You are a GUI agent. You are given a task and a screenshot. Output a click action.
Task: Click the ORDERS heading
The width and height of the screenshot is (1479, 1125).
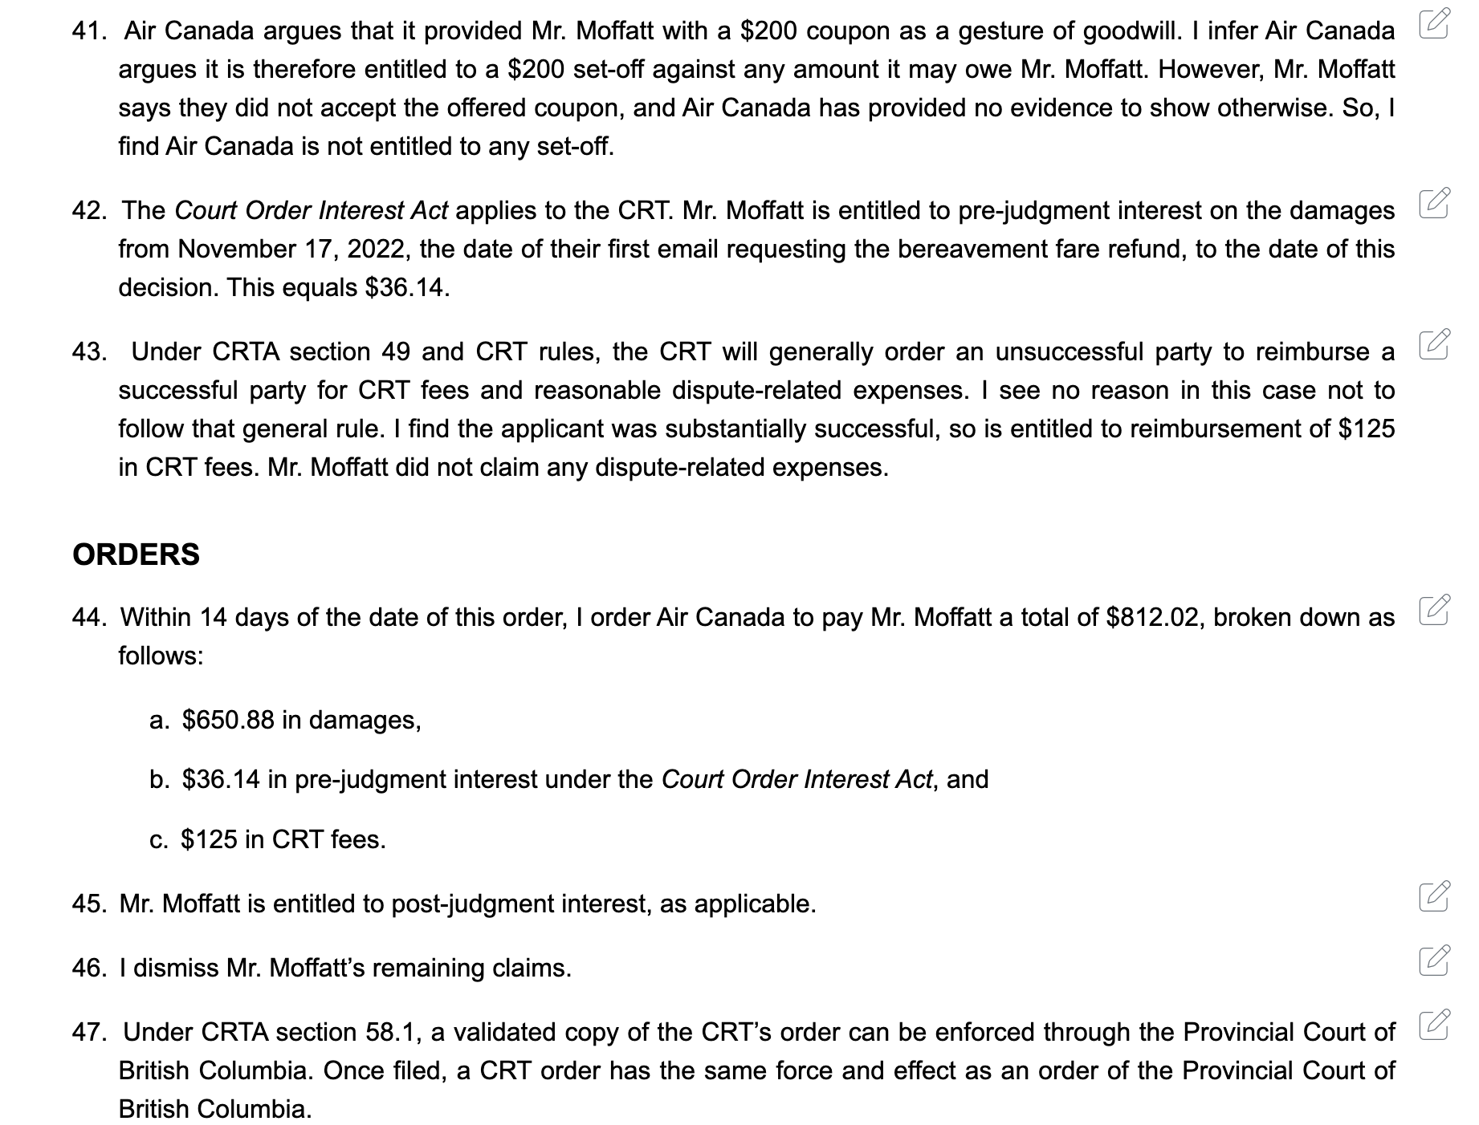pyautogui.click(x=136, y=555)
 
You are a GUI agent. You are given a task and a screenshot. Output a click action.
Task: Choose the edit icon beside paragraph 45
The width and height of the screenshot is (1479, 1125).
pyautogui.click(x=1434, y=896)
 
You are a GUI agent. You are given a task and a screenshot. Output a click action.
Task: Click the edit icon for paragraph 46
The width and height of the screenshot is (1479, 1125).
pyautogui.click(x=1434, y=961)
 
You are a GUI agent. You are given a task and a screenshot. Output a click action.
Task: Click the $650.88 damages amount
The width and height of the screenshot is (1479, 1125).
pyautogui.click(x=228, y=720)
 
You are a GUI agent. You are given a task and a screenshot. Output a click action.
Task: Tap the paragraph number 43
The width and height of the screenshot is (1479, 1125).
pyautogui.click(x=89, y=351)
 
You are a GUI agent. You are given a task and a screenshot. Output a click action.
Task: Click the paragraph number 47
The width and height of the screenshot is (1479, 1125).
pyautogui.click(x=89, y=1032)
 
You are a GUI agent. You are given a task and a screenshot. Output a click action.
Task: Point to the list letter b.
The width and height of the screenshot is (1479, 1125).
pyautogui.click(x=159, y=779)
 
